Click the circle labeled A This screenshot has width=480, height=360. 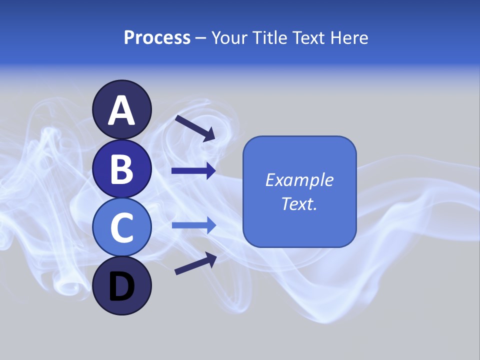[x=122, y=109]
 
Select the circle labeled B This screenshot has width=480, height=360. [x=122, y=168]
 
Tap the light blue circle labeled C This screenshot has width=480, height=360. [x=122, y=227]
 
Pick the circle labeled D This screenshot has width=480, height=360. [x=122, y=285]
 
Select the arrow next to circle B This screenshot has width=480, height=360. [x=193, y=171]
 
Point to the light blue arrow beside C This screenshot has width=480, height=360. [x=193, y=225]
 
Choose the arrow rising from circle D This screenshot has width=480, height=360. [x=195, y=263]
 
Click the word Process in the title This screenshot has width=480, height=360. [x=157, y=38]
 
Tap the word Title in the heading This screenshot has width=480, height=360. [x=270, y=38]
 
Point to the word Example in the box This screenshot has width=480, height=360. [x=299, y=180]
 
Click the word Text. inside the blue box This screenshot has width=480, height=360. [x=299, y=203]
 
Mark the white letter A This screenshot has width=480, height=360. [x=122, y=110]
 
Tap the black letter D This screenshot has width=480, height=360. [x=122, y=286]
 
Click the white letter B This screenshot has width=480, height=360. [x=122, y=169]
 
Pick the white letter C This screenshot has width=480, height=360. [x=122, y=227]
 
